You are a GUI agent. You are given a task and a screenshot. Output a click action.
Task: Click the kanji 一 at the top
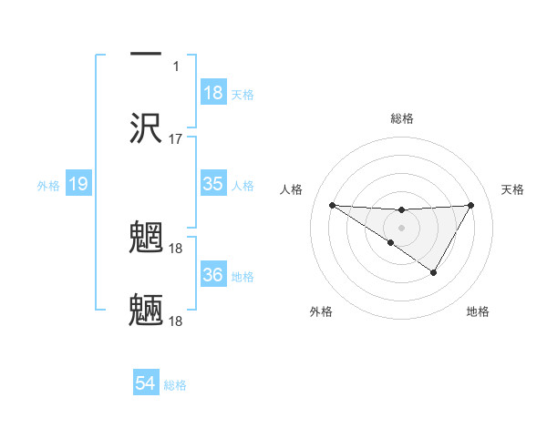pyautogui.click(x=147, y=56)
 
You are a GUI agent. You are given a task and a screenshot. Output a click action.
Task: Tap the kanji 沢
pyautogui.click(x=147, y=128)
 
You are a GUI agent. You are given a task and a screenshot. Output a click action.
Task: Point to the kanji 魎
pyautogui.click(x=147, y=311)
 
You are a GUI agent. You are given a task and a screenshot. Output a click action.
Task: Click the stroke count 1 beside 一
pyautogui.click(x=176, y=66)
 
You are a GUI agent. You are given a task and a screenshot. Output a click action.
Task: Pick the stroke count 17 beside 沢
pyautogui.click(x=176, y=139)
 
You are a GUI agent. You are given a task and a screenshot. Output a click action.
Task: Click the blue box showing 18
pyautogui.click(x=213, y=93)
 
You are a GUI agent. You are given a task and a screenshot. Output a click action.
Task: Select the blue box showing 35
pyautogui.click(x=213, y=184)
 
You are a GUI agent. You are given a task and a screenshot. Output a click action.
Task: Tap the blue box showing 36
pyautogui.click(x=213, y=275)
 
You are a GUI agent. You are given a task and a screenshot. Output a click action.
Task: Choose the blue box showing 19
pyautogui.click(x=77, y=185)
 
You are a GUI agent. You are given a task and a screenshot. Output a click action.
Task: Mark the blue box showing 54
pyautogui.click(x=146, y=384)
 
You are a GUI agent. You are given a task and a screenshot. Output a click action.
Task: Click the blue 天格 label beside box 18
pyautogui.click(x=243, y=95)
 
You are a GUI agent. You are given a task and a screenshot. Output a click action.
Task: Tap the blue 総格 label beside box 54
pyautogui.click(x=175, y=385)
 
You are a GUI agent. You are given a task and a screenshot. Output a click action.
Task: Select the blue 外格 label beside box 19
pyautogui.click(x=48, y=186)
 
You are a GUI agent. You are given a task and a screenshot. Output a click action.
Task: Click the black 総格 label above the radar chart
pyautogui.click(x=401, y=118)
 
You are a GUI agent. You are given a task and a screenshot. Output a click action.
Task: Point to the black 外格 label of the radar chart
pyautogui.click(x=321, y=311)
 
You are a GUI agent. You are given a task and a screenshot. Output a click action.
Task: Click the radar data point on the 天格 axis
pyautogui.click(x=471, y=205)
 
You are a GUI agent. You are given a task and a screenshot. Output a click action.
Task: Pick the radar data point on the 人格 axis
pyautogui.click(x=332, y=205)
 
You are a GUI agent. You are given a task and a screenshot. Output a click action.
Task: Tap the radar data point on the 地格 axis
pyautogui.click(x=434, y=272)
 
